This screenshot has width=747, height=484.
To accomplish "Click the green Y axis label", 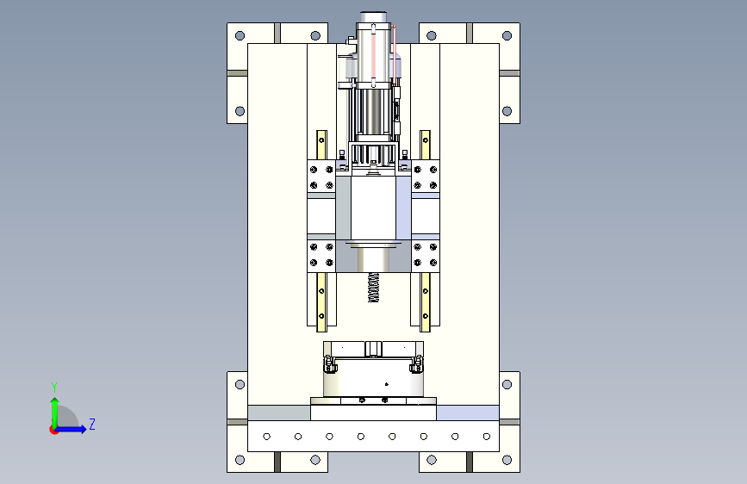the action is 54,387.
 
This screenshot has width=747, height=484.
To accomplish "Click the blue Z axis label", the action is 92,424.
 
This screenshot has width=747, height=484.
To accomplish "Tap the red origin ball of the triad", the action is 53,430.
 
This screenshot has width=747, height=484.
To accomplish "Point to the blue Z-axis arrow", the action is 72,429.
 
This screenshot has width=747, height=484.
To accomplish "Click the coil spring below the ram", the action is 374,288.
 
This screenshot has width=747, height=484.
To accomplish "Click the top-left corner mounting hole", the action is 240,35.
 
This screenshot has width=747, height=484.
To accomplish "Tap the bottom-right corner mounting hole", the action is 507,460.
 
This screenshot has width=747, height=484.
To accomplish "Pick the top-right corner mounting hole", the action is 507,35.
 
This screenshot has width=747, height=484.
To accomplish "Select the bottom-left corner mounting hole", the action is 240,460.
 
